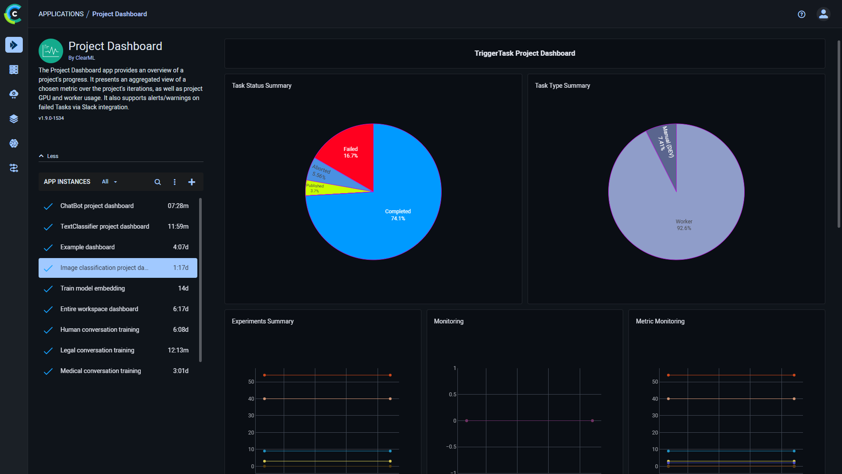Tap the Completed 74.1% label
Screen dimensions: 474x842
click(x=398, y=215)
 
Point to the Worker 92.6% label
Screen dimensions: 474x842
click(x=684, y=225)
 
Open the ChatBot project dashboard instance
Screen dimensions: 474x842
click(x=97, y=206)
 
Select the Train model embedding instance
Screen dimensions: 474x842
click(x=93, y=288)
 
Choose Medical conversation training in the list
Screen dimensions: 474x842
click(x=100, y=371)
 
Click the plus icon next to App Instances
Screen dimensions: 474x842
click(x=192, y=182)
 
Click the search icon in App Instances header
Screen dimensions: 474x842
click(x=157, y=182)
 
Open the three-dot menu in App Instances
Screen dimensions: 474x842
click(x=175, y=182)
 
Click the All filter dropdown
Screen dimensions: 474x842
click(x=109, y=182)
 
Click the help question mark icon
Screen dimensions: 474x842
click(x=801, y=14)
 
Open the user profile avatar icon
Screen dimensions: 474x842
click(x=823, y=14)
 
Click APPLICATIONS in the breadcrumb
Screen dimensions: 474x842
click(x=61, y=14)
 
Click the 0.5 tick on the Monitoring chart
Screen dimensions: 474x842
click(x=452, y=395)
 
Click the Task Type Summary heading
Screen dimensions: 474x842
click(x=562, y=86)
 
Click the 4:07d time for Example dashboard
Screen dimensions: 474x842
click(x=180, y=247)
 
